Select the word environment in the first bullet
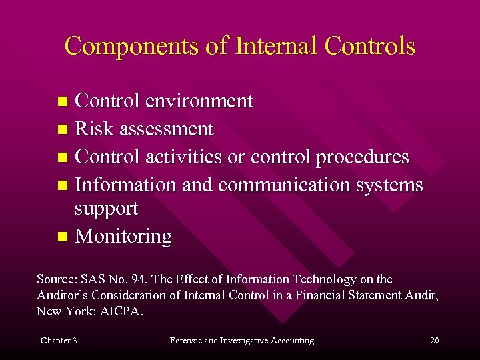(199, 101)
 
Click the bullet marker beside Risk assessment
(63, 129)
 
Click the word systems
(390, 184)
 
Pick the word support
(107, 209)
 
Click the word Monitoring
(123, 236)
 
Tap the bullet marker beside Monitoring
(63, 237)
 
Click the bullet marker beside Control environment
(63, 102)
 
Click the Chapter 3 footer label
(59, 341)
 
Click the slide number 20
(435, 341)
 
